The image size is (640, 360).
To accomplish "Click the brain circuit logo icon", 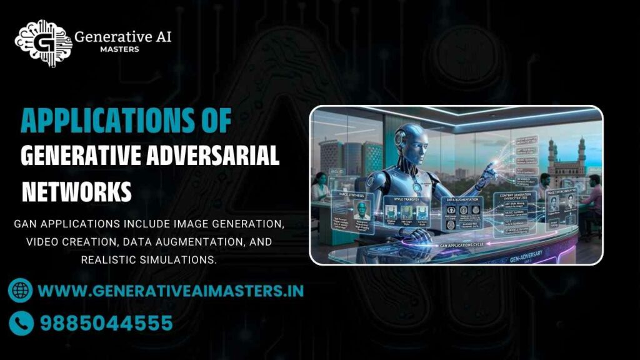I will pyautogui.click(x=41, y=41).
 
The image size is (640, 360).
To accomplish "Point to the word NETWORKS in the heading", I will pyautogui.click(x=77, y=191).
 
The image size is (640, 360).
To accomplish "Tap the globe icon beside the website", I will pyautogui.click(x=21, y=291).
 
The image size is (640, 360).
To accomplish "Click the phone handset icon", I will pyautogui.click(x=21, y=322).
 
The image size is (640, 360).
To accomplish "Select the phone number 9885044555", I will pyautogui.click(x=106, y=323).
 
